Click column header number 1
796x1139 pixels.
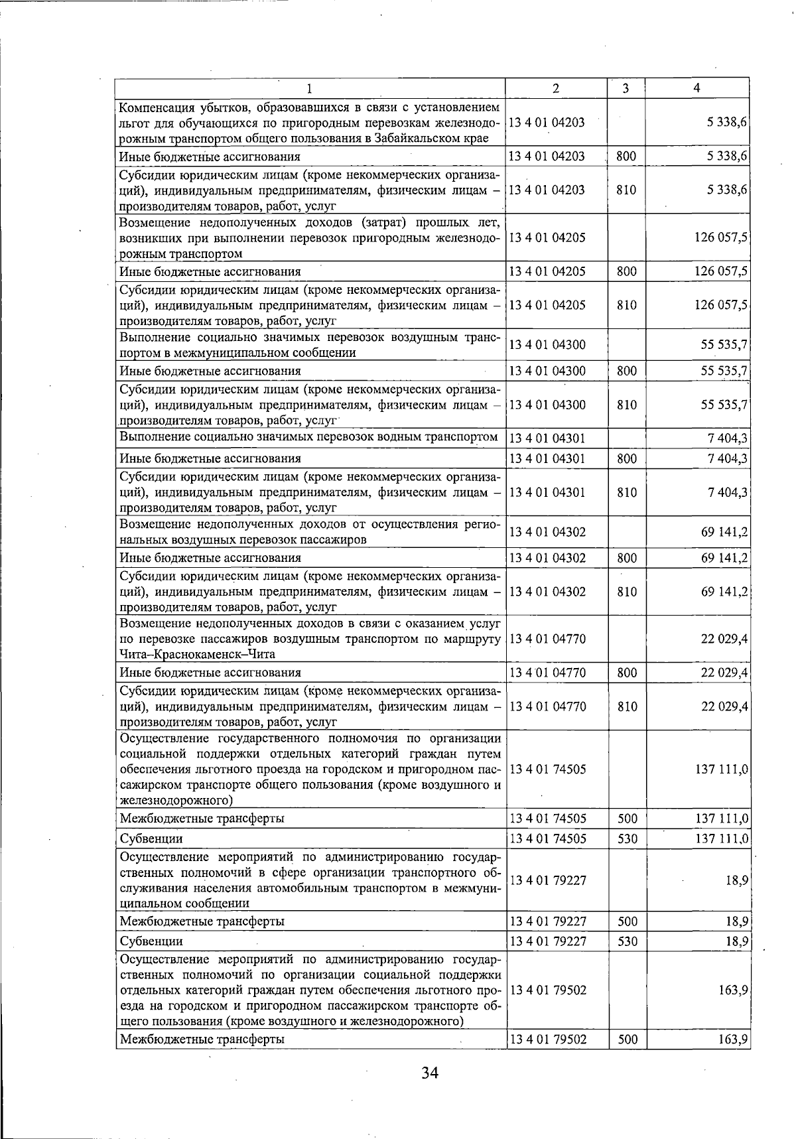click(x=310, y=88)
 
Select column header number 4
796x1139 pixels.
click(x=696, y=88)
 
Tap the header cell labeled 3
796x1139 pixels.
click(x=626, y=88)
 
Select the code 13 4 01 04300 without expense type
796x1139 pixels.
click(x=547, y=345)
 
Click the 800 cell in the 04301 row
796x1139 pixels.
click(x=626, y=458)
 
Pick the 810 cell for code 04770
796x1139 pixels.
click(x=626, y=706)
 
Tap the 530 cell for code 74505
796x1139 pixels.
click(x=626, y=838)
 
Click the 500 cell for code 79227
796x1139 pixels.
click(x=626, y=921)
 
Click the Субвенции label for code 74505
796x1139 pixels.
click(x=151, y=838)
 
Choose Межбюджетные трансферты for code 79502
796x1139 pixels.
click(x=202, y=1039)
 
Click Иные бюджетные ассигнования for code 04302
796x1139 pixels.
click(x=210, y=558)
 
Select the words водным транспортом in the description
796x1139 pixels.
click(x=443, y=436)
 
